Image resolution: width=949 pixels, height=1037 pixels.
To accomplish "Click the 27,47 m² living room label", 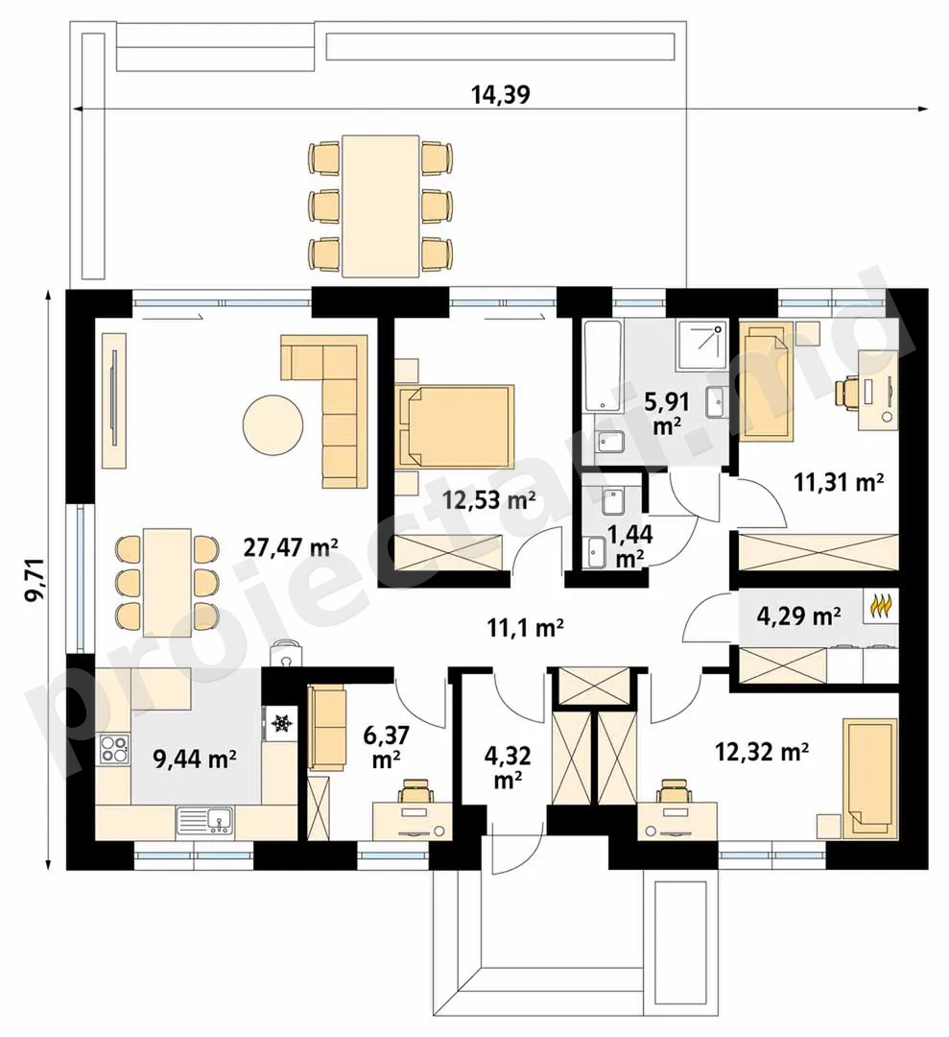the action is tap(291, 547).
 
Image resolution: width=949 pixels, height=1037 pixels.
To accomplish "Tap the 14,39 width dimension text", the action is tap(500, 96).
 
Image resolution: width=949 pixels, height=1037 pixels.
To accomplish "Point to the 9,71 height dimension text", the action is tap(36, 579).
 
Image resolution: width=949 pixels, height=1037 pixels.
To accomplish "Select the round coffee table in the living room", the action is tap(273, 425).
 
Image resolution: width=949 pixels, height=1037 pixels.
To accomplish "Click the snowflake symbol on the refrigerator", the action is tap(283, 724).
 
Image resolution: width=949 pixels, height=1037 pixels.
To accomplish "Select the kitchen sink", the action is tap(204, 821).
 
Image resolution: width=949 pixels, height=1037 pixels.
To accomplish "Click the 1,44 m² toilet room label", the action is tap(630, 545).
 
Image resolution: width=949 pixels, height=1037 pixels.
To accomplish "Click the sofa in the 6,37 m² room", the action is tap(327, 728).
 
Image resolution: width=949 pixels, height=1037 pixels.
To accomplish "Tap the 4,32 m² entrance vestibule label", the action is tap(507, 767).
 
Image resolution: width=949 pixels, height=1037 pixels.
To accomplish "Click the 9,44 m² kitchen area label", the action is tap(195, 760).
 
